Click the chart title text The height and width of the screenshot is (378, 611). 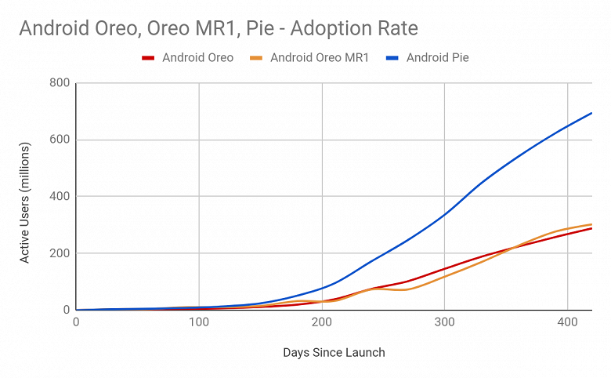[x=219, y=29]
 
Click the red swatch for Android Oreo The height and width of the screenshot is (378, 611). [x=147, y=58]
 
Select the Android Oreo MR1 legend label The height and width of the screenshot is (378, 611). [x=319, y=58]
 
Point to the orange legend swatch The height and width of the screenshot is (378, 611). [x=255, y=58]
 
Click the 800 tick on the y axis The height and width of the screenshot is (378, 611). [x=60, y=83]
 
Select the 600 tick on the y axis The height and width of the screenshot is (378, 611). [x=60, y=140]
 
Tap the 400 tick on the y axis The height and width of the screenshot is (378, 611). [x=60, y=197]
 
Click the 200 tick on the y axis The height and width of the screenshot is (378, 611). [x=60, y=253]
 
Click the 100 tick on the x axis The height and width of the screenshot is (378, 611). [x=199, y=323]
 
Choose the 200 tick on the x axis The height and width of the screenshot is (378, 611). [x=321, y=323]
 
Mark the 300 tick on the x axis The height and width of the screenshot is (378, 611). [x=444, y=323]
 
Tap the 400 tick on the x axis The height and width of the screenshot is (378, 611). [x=566, y=323]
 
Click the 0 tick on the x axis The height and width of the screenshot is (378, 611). [x=76, y=323]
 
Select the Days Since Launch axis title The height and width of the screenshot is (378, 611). [x=334, y=353]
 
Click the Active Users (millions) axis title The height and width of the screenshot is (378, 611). [x=25, y=202]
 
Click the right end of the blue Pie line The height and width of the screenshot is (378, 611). [x=591, y=113]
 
